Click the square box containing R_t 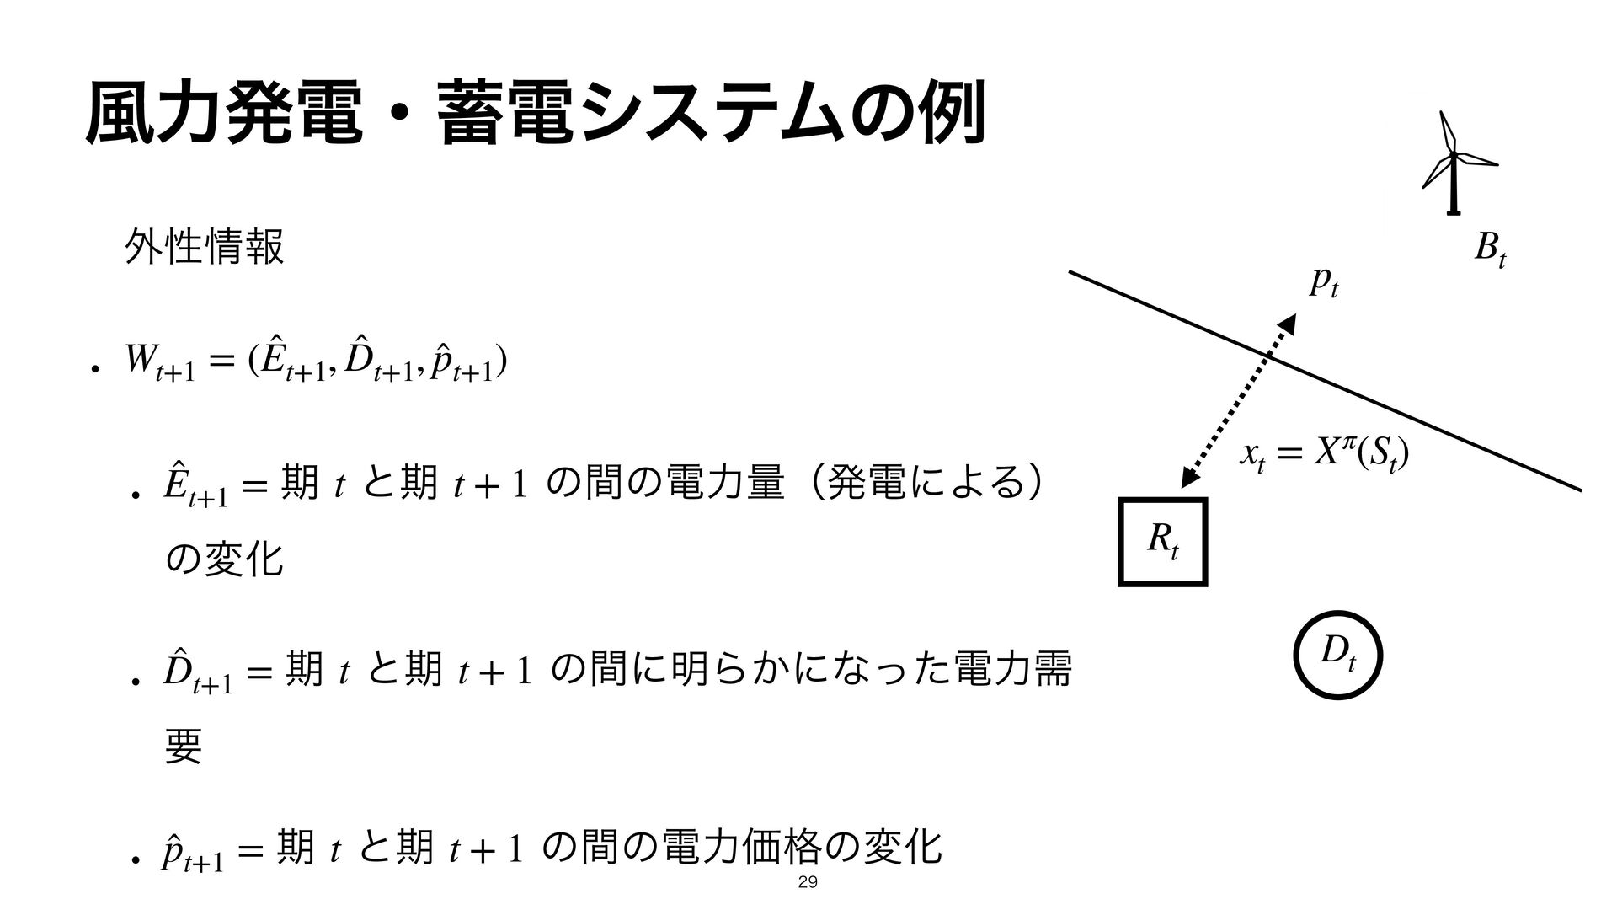coord(1163,542)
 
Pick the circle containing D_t coord(1338,655)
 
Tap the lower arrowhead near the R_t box coord(1190,477)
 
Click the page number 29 coord(808,883)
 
